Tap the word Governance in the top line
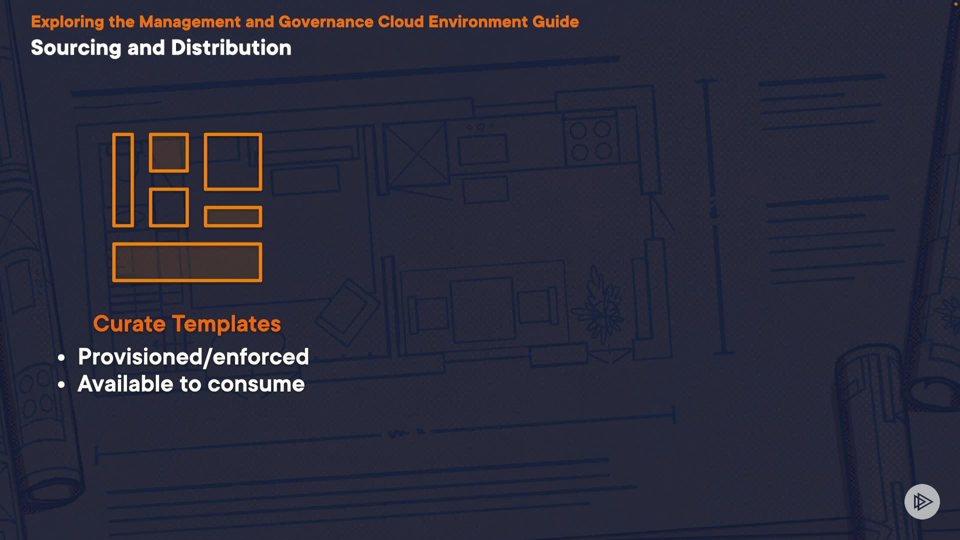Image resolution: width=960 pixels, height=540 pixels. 326,22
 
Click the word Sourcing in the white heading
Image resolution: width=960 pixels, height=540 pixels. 76,48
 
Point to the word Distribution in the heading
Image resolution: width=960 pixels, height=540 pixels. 231,48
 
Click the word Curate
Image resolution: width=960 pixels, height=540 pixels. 129,324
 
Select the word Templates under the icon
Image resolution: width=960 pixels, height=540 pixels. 226,324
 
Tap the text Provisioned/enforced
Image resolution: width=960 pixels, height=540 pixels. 193,357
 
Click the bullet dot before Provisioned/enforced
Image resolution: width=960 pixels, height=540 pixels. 61,358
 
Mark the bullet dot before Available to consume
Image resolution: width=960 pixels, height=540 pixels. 61,385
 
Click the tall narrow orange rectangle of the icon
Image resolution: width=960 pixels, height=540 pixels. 123,180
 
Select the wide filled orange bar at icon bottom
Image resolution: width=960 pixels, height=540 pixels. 187,262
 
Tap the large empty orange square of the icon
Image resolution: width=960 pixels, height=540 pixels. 233,161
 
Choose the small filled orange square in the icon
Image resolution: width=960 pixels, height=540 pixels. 169,152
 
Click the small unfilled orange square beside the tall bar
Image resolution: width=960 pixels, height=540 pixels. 169,207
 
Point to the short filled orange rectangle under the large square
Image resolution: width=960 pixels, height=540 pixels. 233,216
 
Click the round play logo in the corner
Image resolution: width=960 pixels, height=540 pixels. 922,501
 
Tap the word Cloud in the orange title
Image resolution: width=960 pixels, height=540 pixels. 401,22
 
